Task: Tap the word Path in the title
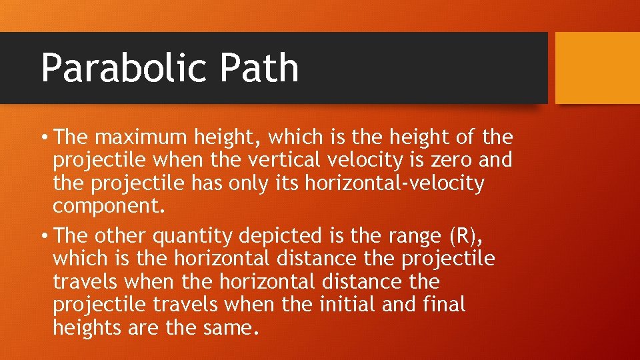263,68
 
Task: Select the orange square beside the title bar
597,68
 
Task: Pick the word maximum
142,138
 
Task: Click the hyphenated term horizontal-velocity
395,183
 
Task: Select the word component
108,206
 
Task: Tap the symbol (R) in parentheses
461,236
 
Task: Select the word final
444,305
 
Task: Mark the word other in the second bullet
119,236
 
